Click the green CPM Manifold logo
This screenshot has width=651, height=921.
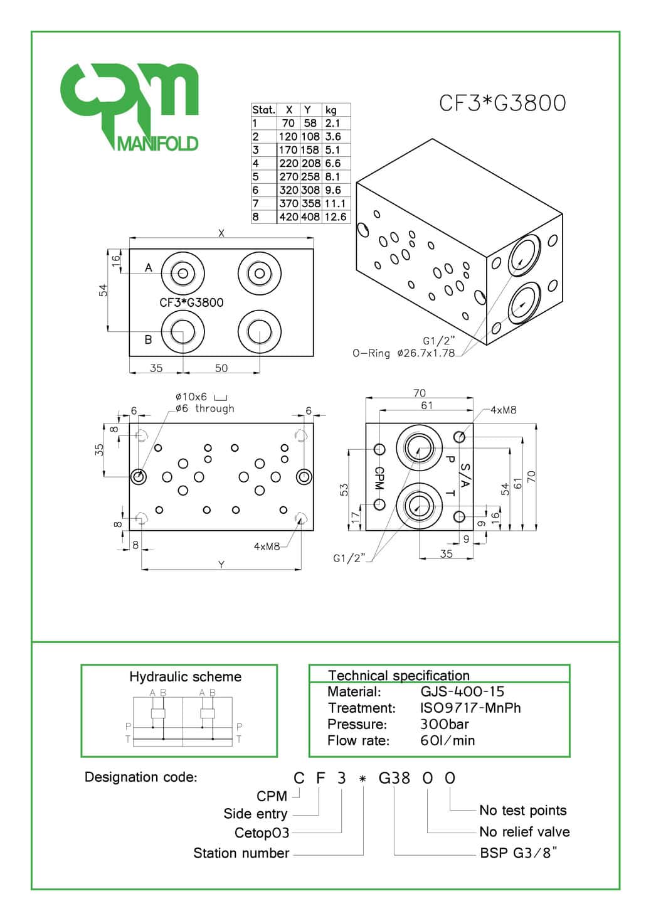coord(129,107)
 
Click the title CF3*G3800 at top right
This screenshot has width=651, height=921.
coord(502,103)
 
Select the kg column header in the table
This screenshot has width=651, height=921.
coord(331,110)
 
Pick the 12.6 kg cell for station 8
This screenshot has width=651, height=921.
coord(336,217)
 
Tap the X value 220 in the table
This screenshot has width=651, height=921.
coord(288,163)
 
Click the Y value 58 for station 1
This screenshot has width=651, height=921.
coord(310,123)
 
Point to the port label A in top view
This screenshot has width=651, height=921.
coord(149,268)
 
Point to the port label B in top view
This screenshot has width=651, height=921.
coord(149,339)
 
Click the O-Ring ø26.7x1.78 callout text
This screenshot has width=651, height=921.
coord(403,353)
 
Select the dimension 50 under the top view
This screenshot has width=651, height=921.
coord(221,368)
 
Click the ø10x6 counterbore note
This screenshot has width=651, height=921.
coord(191,397)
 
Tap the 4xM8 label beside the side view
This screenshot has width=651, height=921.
coord(503,410)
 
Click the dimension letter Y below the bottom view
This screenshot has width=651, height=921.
coord(221,565)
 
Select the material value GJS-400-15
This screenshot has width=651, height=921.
coord(462,692)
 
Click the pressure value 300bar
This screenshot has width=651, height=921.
coord(444,724)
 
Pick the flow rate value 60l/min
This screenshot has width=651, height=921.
coord(447,740)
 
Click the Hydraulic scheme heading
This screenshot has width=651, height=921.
coord(185,677)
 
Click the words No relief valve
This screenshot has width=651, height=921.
coord(524,832)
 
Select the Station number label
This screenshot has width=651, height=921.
coord(241,853)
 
